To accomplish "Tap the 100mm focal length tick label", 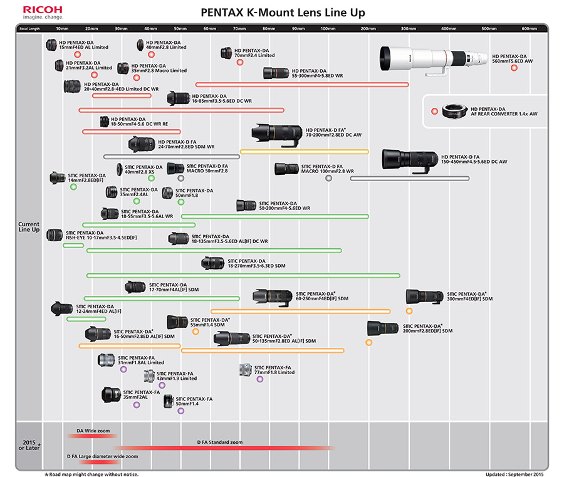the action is (x=328, y=28).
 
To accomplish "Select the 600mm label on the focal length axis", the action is (x=529, y=28).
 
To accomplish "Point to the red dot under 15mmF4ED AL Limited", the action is (x=77, y=55).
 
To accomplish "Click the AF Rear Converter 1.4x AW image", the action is (x=455, y=111).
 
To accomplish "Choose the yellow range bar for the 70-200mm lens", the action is (x=305, y=152).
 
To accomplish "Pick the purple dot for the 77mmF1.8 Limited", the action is (x=260, y=379).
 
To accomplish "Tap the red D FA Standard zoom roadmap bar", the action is (x=224, y=448).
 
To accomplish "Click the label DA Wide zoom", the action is (x=93, y=431).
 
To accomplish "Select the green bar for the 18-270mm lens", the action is (x=243, y=276).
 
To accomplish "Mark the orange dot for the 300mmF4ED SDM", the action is (x=409, y=311).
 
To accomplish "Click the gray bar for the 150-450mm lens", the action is (x=410, y=179).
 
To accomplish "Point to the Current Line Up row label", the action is (x=29, y=227).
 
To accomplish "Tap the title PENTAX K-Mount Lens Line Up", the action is (x=283, y=13).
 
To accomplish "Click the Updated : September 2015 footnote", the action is (x=514, y=474).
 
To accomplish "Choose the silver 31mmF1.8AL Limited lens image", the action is (x=106, y=360).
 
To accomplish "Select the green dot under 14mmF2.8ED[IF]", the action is (x=73, y=187).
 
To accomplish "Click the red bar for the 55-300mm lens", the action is (x=302, y=85).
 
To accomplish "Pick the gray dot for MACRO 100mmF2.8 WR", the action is (x=329, y=178).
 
